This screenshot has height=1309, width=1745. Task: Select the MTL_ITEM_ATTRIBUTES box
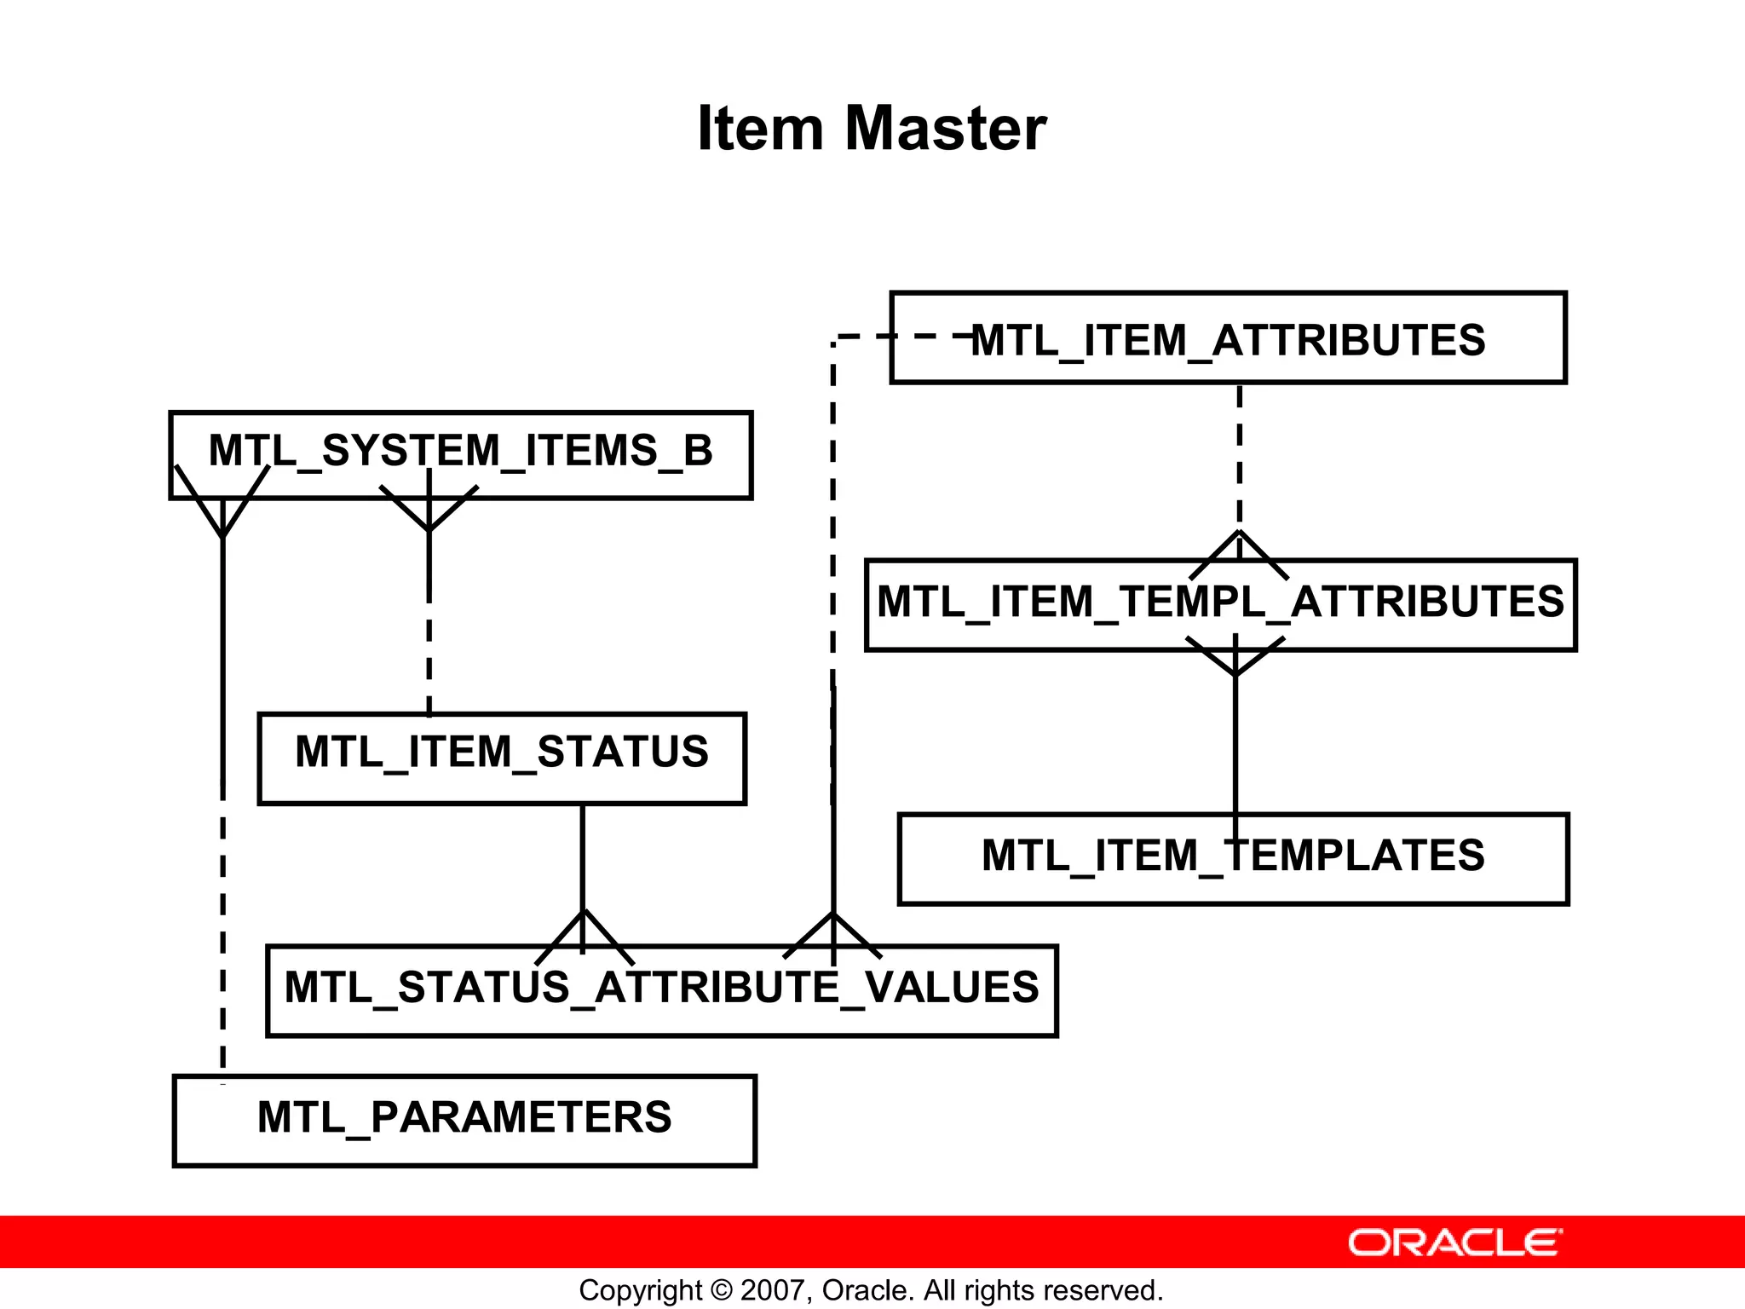(1227, 338)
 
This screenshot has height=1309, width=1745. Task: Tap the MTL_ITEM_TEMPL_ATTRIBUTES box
(1220, 604)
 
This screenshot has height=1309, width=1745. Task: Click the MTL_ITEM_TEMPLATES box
(1232, 858)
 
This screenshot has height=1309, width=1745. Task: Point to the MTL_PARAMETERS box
(464, 1120)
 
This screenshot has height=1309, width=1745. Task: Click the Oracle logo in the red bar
(1454, 1243)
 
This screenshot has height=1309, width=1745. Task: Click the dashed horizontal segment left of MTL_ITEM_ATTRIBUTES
(903, 337)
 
